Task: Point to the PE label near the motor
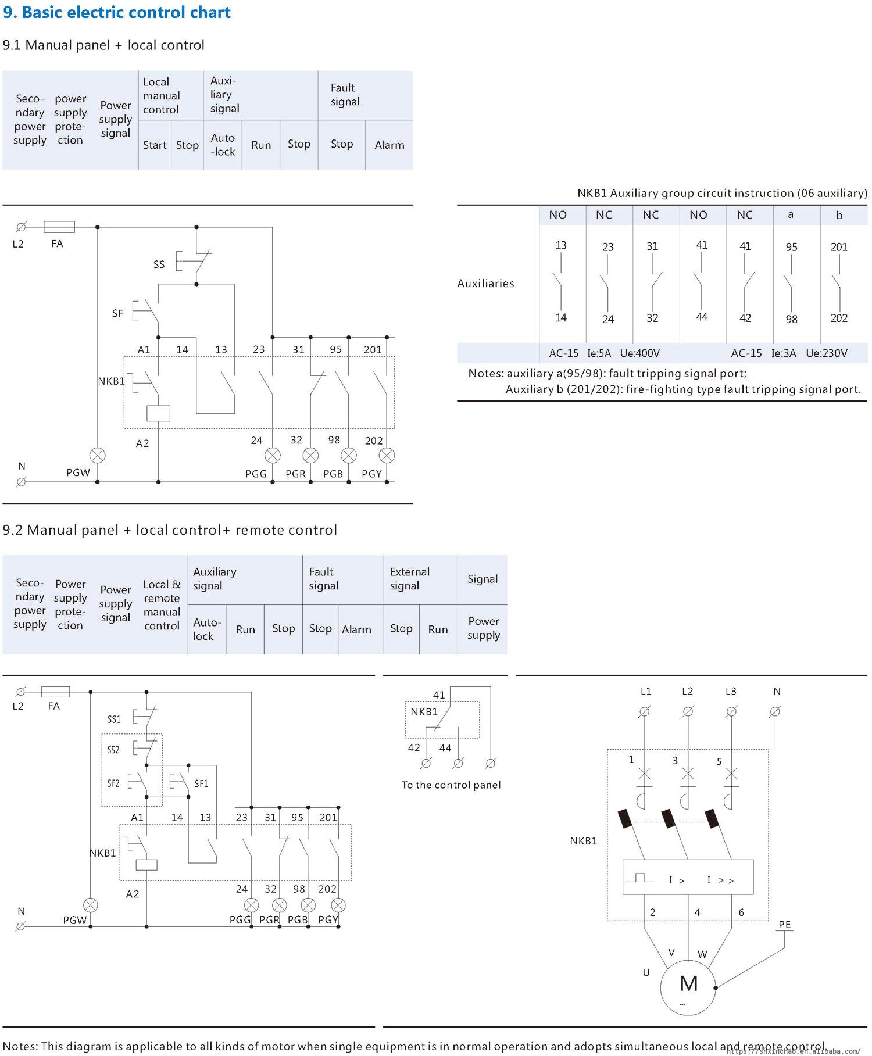click(784, 924)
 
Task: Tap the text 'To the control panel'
click(451, 785)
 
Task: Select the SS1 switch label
click(114, 719)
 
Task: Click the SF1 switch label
click(201, 783)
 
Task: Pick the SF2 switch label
click(113, 783)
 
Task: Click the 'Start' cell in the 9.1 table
click(155, 145)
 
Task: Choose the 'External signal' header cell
click(410, 579)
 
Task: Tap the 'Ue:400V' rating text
click(639, 353)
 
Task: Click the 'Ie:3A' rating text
click(784, 353)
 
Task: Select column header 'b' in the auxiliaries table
click(839, 215)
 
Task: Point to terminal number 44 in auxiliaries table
click(702, 317)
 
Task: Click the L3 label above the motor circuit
click(731, 691)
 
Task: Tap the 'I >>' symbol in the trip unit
click(720, 880)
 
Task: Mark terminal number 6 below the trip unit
click(741, 912)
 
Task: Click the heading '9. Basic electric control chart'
click(117, 12)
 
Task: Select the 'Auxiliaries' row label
click(485, 283)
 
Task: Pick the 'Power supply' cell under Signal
click(484, 628)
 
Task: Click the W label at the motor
click(702, 954)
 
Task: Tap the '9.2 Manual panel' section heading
click(170, 530)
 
